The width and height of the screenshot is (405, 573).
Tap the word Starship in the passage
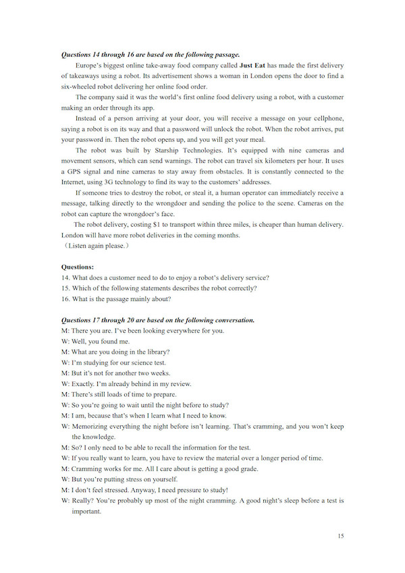[x=156, y=151]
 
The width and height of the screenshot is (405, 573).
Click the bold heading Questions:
[x=78, y=267]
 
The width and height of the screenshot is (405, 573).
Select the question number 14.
[x=65, y=278]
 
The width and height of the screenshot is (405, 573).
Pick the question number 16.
[x=65, y=299]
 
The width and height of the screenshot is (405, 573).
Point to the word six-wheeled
[x=82, y=86]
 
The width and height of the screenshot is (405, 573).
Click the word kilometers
[x=275, y=161]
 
